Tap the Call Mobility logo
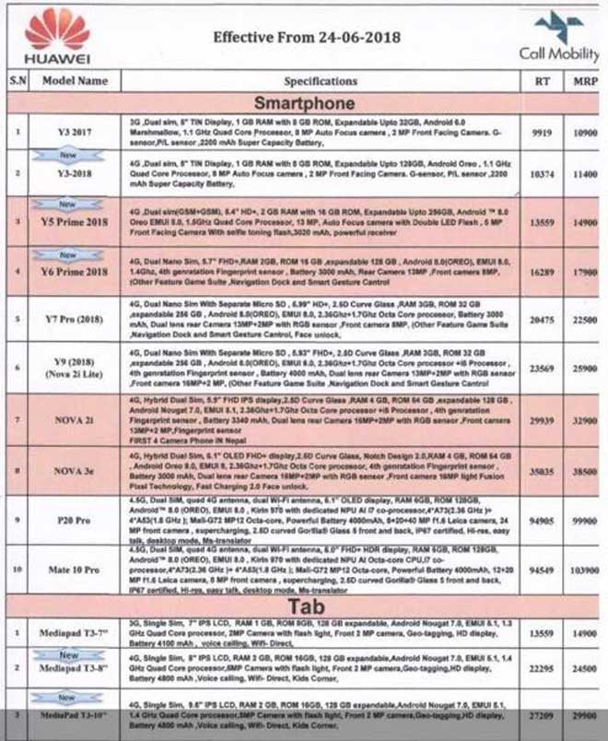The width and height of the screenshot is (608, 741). [558, 37]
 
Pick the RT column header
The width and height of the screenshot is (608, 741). [542, 81]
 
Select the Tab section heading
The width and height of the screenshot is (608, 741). [304, 605]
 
